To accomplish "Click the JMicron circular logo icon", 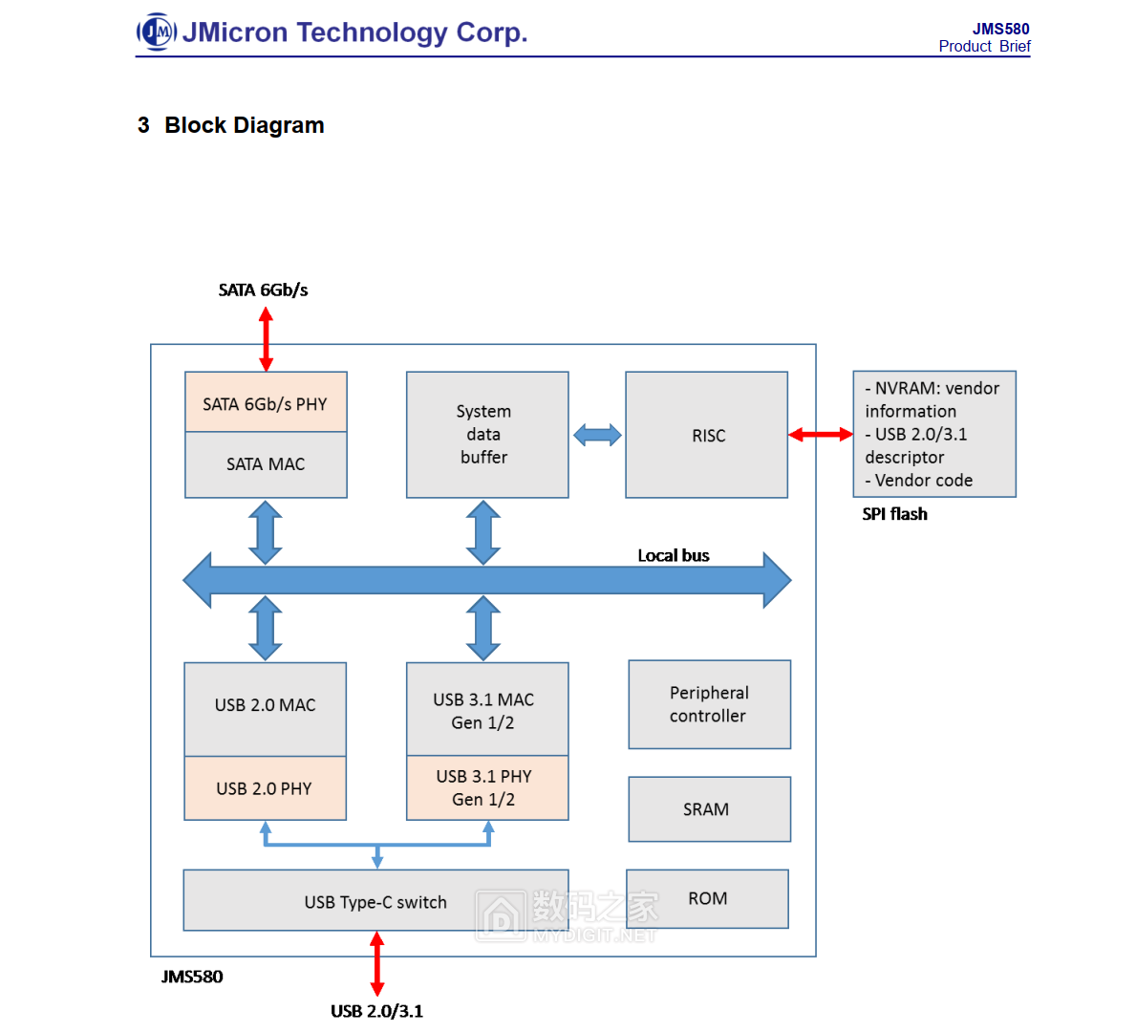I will click(x=157, y=32).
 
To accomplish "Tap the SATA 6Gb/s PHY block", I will click(x=266, y=403).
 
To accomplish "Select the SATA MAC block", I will click(x=266, y=464).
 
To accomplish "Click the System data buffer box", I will click(x=487, y=435).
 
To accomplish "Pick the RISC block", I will click(x=707, y=435).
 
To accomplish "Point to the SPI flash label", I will click(x=894, y=514).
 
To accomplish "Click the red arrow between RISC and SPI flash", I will click(x=821, y=435).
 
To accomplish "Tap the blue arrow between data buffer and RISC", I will click(x=597, y=436).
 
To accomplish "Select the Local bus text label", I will click(x=674, y=555).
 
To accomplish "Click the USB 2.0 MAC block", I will click(x=266, y=705).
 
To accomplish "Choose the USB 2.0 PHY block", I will click(x=266, y=788).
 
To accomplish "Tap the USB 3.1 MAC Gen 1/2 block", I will click(x=487, y=710).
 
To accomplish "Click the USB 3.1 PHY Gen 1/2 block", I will click(x=487, y=788).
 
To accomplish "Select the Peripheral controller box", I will click(x=709, y=704).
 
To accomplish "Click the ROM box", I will click(x=707, y=898).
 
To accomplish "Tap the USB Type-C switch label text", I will click(x=375, y=902).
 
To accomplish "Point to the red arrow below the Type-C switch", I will click(x=377, y=963).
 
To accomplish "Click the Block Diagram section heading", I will click(x=244, y=125).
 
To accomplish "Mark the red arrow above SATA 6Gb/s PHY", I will click(x=266, y=339).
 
